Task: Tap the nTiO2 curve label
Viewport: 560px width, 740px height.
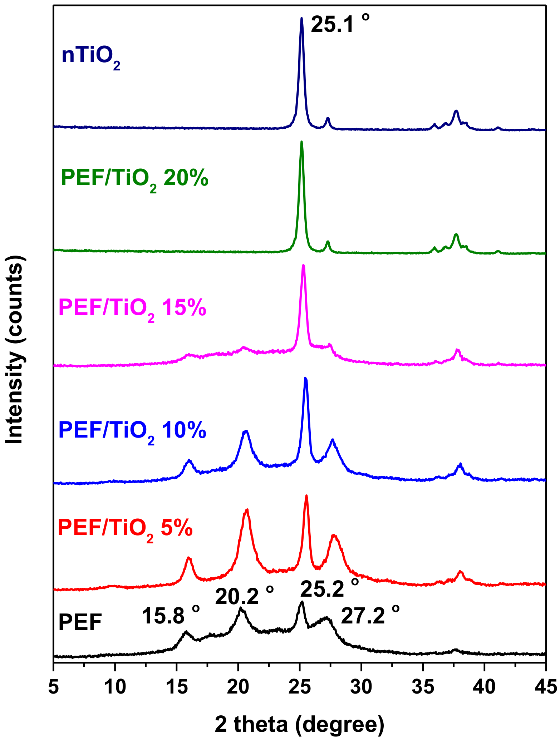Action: coord(91,57)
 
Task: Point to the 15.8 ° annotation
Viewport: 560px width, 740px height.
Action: coord(171,616)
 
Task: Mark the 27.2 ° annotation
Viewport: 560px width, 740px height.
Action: coord(370,616)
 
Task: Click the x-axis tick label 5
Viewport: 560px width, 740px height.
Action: coord(53,687)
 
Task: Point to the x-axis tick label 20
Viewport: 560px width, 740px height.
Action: coord(238,687)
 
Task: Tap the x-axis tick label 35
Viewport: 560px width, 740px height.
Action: coord(423,687)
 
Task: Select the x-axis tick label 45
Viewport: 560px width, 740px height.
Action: coord(545,687)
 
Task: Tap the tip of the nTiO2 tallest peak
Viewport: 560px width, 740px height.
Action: coord(301,19)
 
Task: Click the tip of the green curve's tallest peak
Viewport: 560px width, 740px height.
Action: coord(301,142)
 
